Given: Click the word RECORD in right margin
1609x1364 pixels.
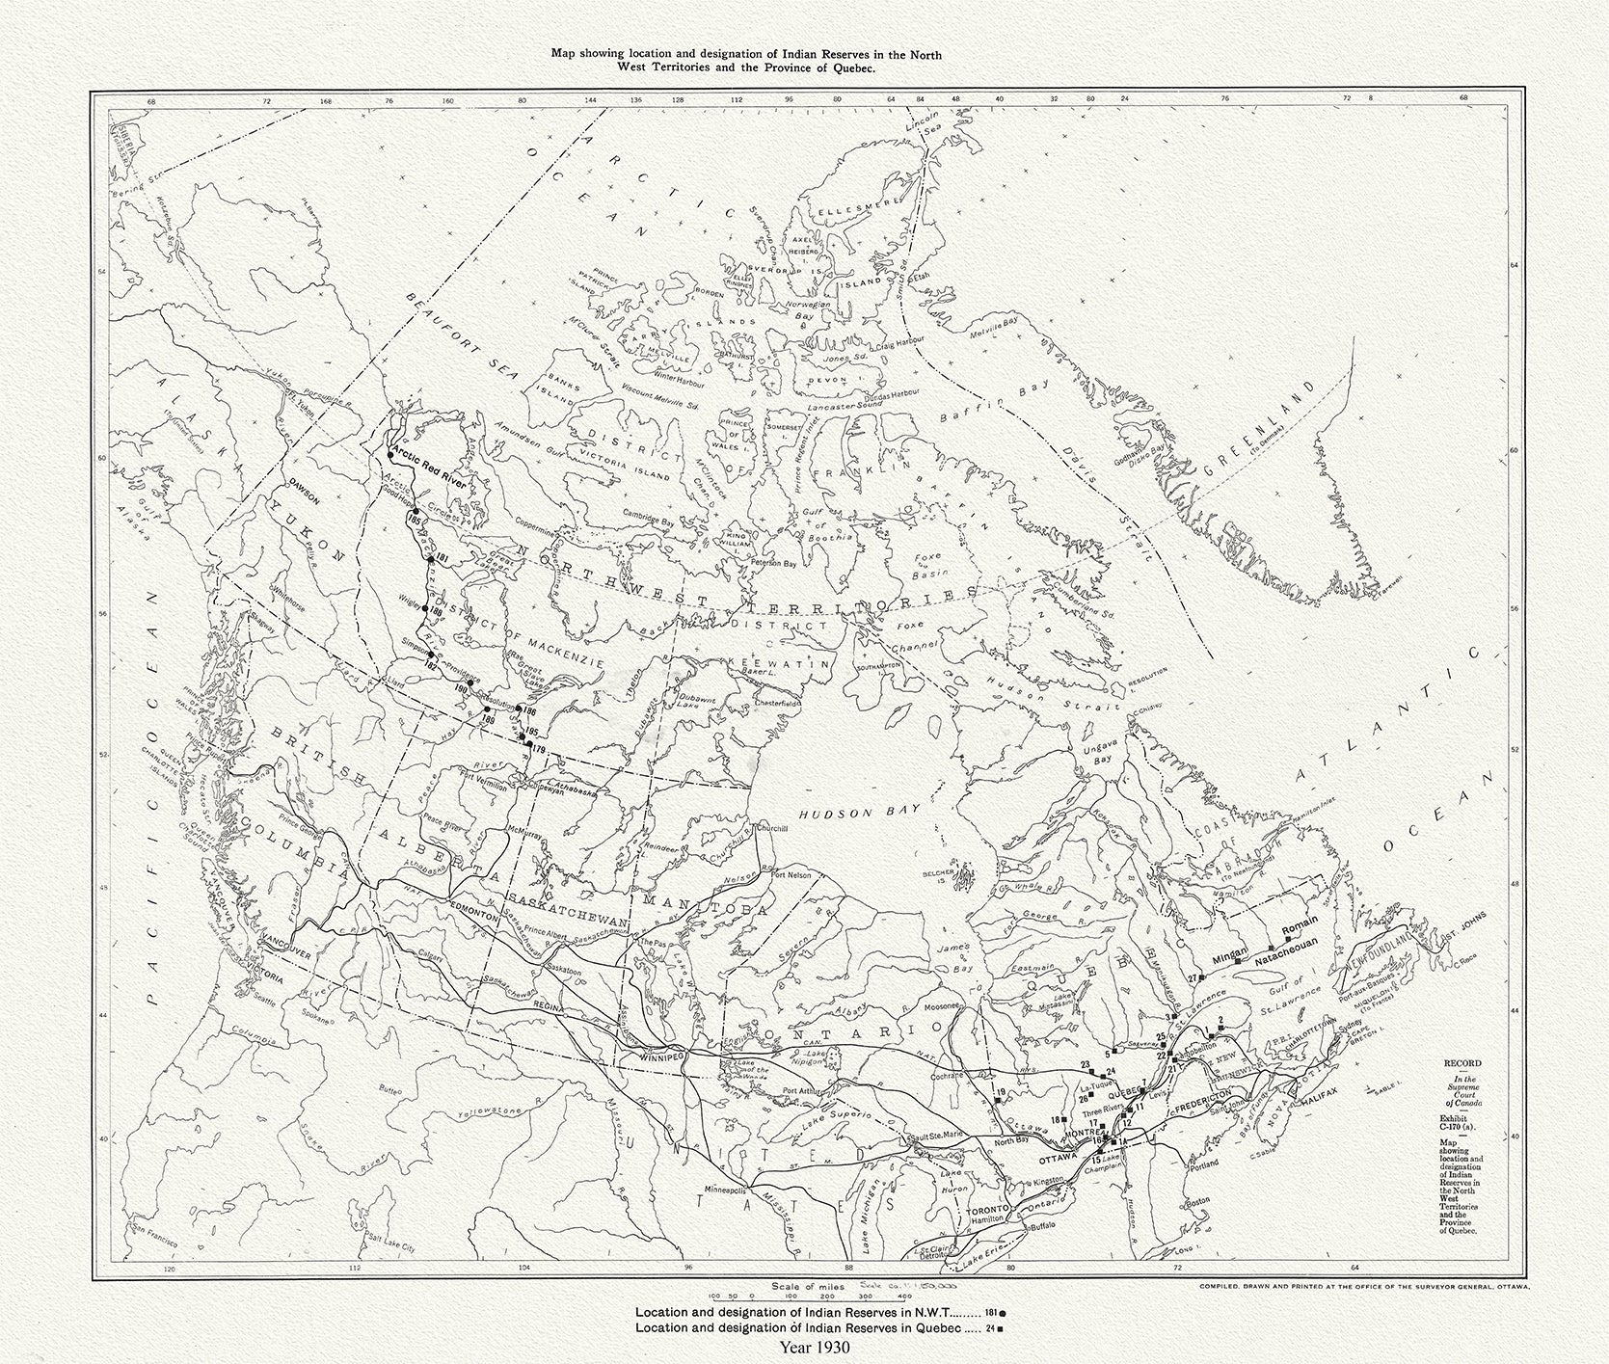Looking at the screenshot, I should tap(1462, 1062).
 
